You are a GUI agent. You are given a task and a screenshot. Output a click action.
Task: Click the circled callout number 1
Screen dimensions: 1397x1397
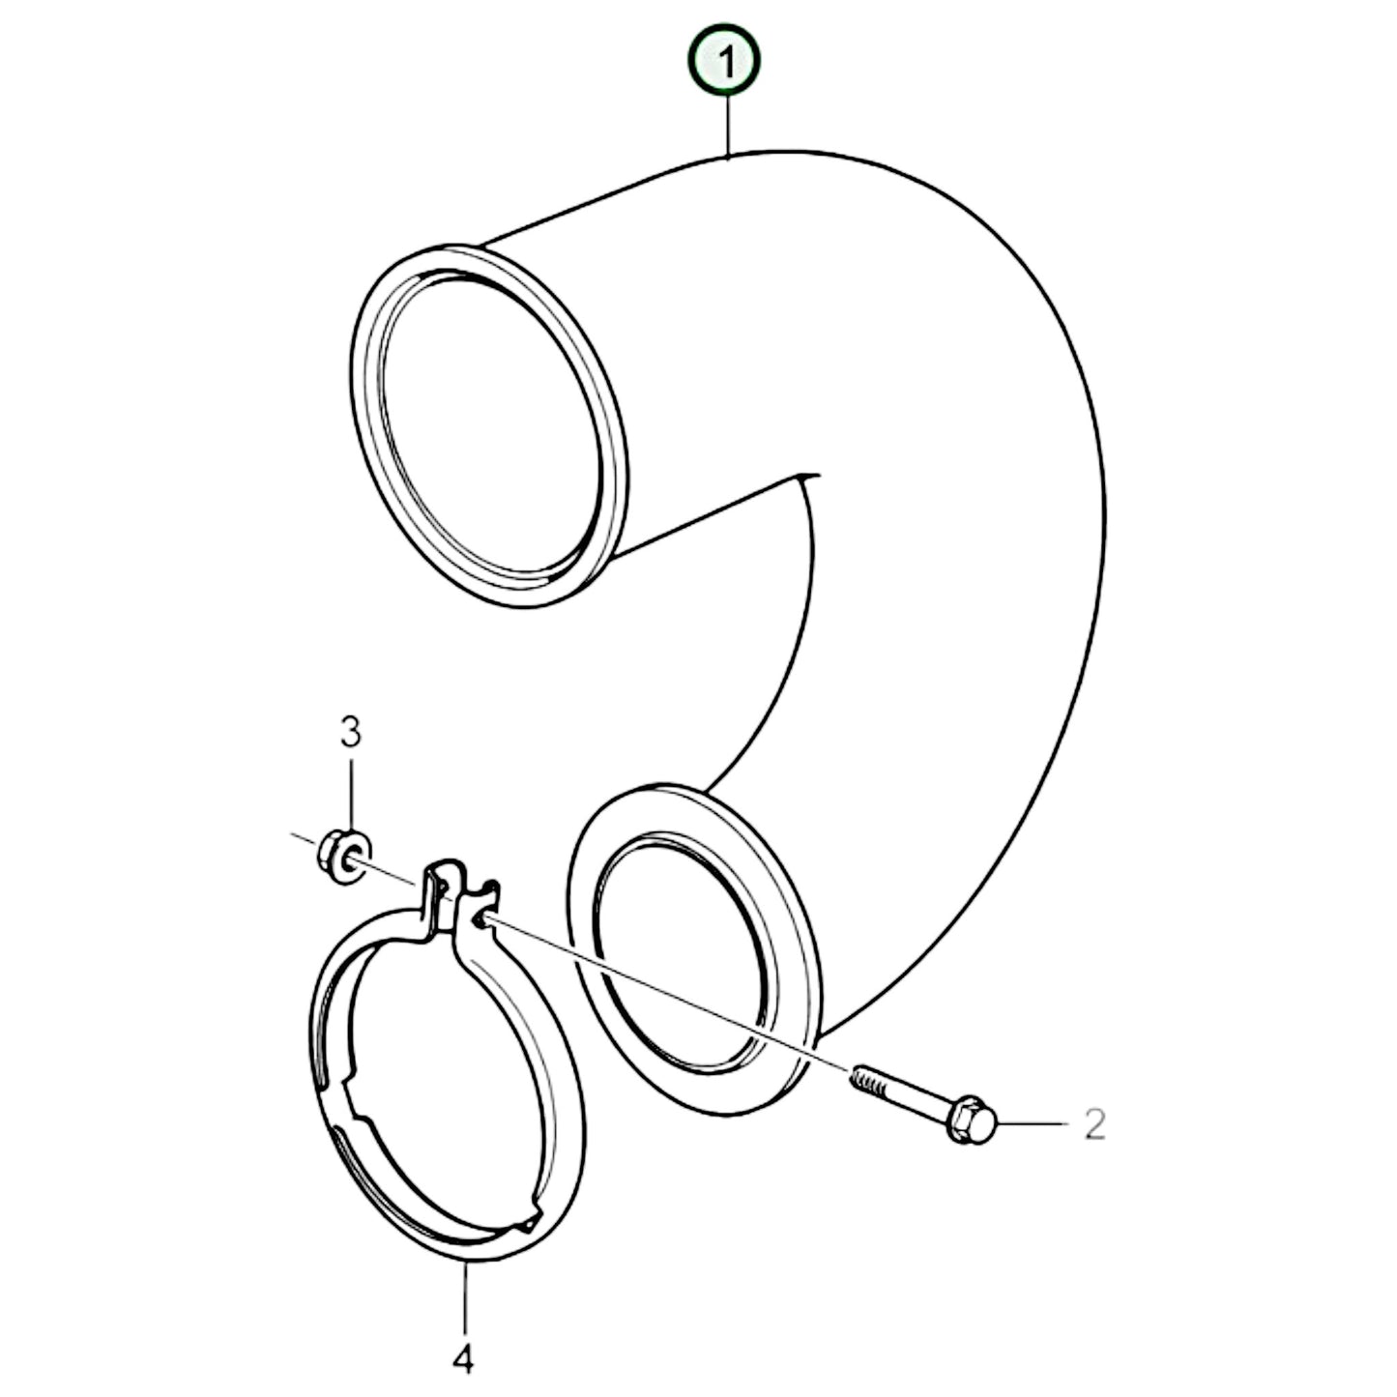coord(724,61)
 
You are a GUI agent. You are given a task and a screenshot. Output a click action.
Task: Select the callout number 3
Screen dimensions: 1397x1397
coord(350,732)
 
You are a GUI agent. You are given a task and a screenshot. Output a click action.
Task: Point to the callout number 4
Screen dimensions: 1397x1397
coord(464,1332)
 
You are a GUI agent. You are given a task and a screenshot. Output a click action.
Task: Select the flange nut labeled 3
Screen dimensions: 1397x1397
coord(340,856)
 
